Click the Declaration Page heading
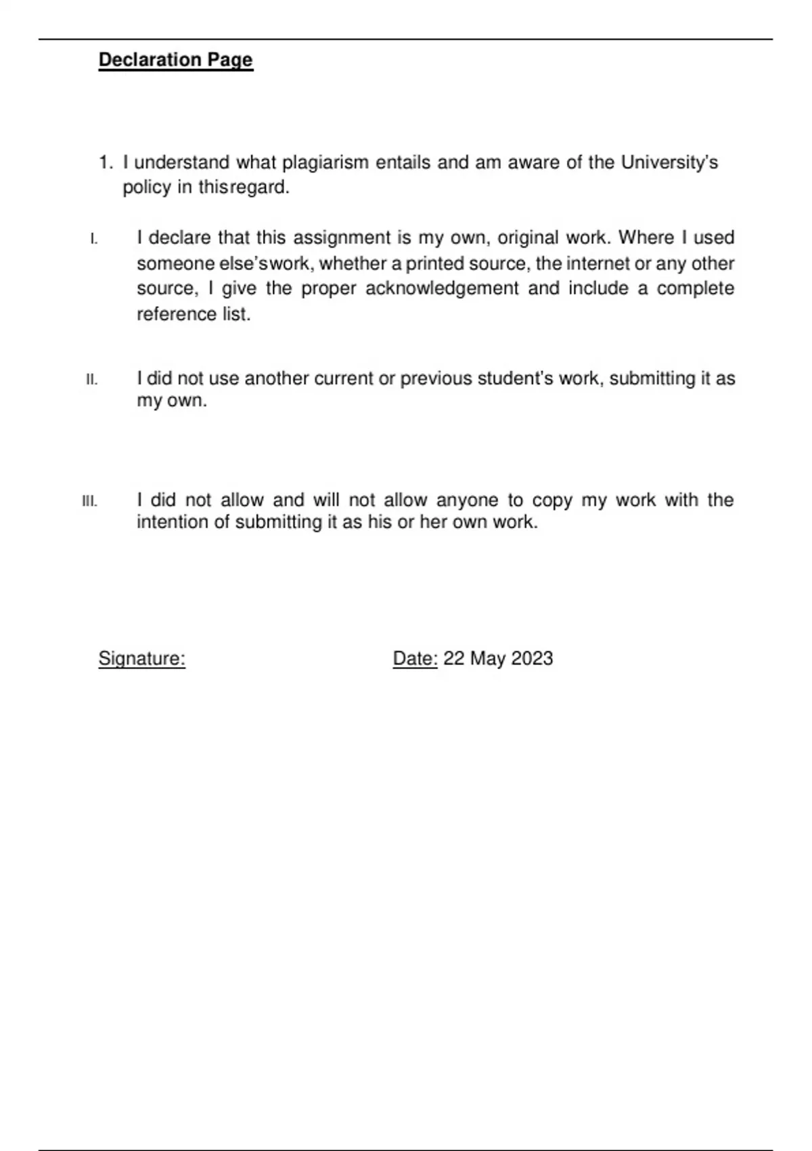tap(176, 60)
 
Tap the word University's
tap(669, 163)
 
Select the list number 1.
tap(105, 163)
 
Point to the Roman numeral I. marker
tap(94, 239)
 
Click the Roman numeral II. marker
tap(92, 380)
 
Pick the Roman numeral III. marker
tap(89, 502)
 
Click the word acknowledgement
tap(442, 289)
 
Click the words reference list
tap(194, 315)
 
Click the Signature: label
tap(142, 659)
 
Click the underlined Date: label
tap(415, 659)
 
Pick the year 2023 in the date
tap(533, 659)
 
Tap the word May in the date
tap(488, 659)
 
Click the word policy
tap(147, 188)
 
